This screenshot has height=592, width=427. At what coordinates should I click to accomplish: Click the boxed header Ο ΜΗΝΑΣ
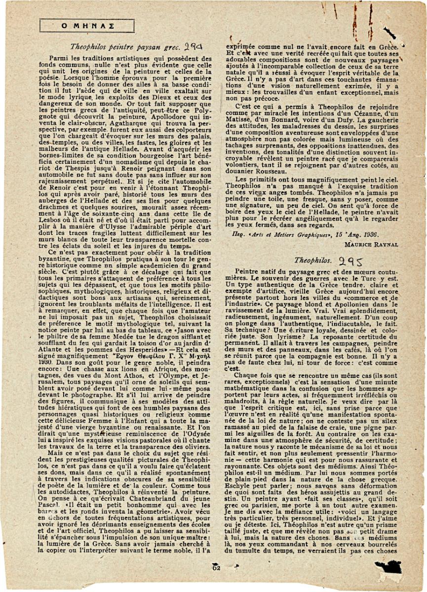87,25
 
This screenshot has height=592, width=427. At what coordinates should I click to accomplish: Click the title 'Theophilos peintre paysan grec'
117,48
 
